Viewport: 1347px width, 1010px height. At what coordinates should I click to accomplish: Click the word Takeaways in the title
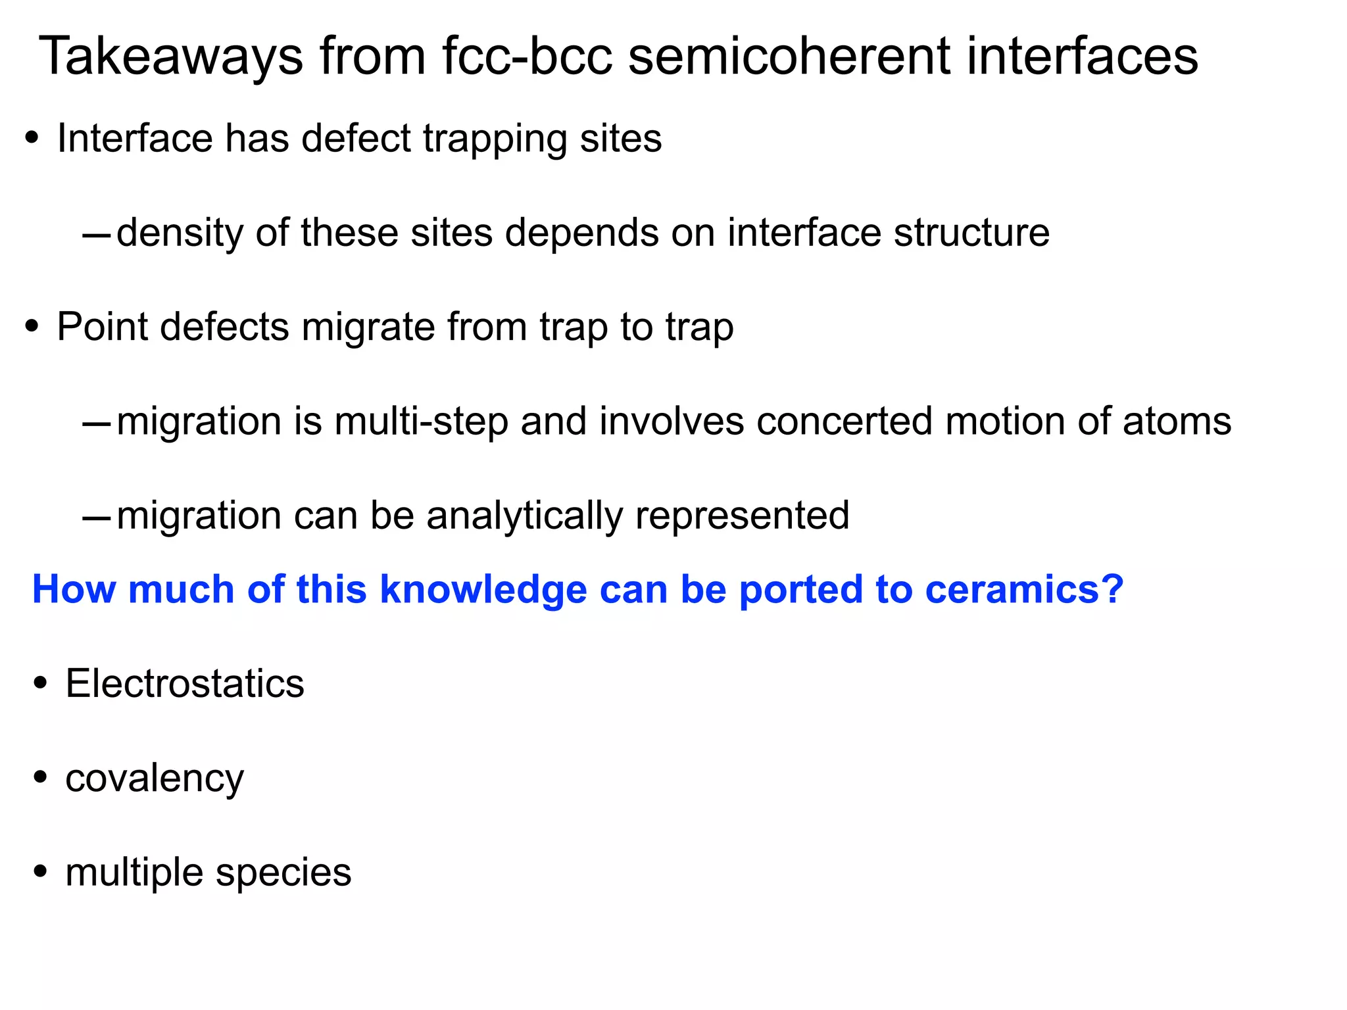point(171,58)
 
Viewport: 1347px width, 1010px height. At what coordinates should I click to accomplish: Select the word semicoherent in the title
point(790,57)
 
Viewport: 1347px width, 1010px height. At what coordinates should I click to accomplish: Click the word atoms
point(1177,421)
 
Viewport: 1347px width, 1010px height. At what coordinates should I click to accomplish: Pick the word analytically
point(524,516)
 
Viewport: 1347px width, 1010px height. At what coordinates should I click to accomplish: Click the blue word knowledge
point(483,590)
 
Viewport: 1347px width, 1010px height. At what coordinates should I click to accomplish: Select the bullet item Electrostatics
point(185,684)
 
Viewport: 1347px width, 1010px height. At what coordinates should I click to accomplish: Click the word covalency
point(155,779)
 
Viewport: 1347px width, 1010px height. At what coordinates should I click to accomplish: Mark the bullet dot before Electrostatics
point(41,684)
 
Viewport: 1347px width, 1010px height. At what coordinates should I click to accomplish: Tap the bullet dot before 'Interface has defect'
point(32,139)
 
